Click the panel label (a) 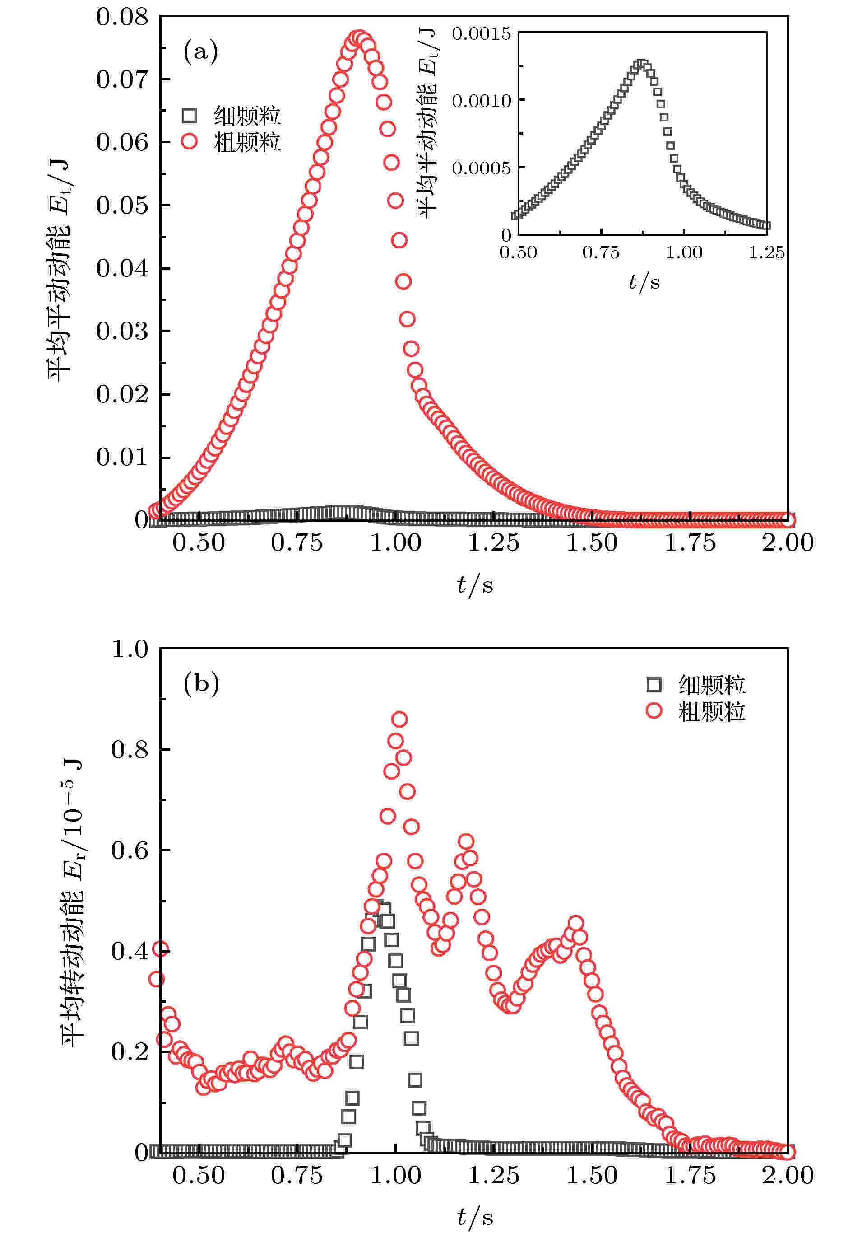200,52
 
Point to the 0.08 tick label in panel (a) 122,17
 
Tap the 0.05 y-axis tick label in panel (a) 122,206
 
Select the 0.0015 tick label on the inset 481,34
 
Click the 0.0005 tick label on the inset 481,168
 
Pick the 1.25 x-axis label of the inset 766,252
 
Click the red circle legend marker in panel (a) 189,142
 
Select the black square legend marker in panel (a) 189,116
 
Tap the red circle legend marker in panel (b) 654,711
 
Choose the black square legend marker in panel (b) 654,685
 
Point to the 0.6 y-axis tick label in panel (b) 130,850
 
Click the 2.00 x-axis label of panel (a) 787,543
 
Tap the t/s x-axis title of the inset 644,282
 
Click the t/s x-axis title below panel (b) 475,1217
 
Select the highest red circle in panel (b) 399,719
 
